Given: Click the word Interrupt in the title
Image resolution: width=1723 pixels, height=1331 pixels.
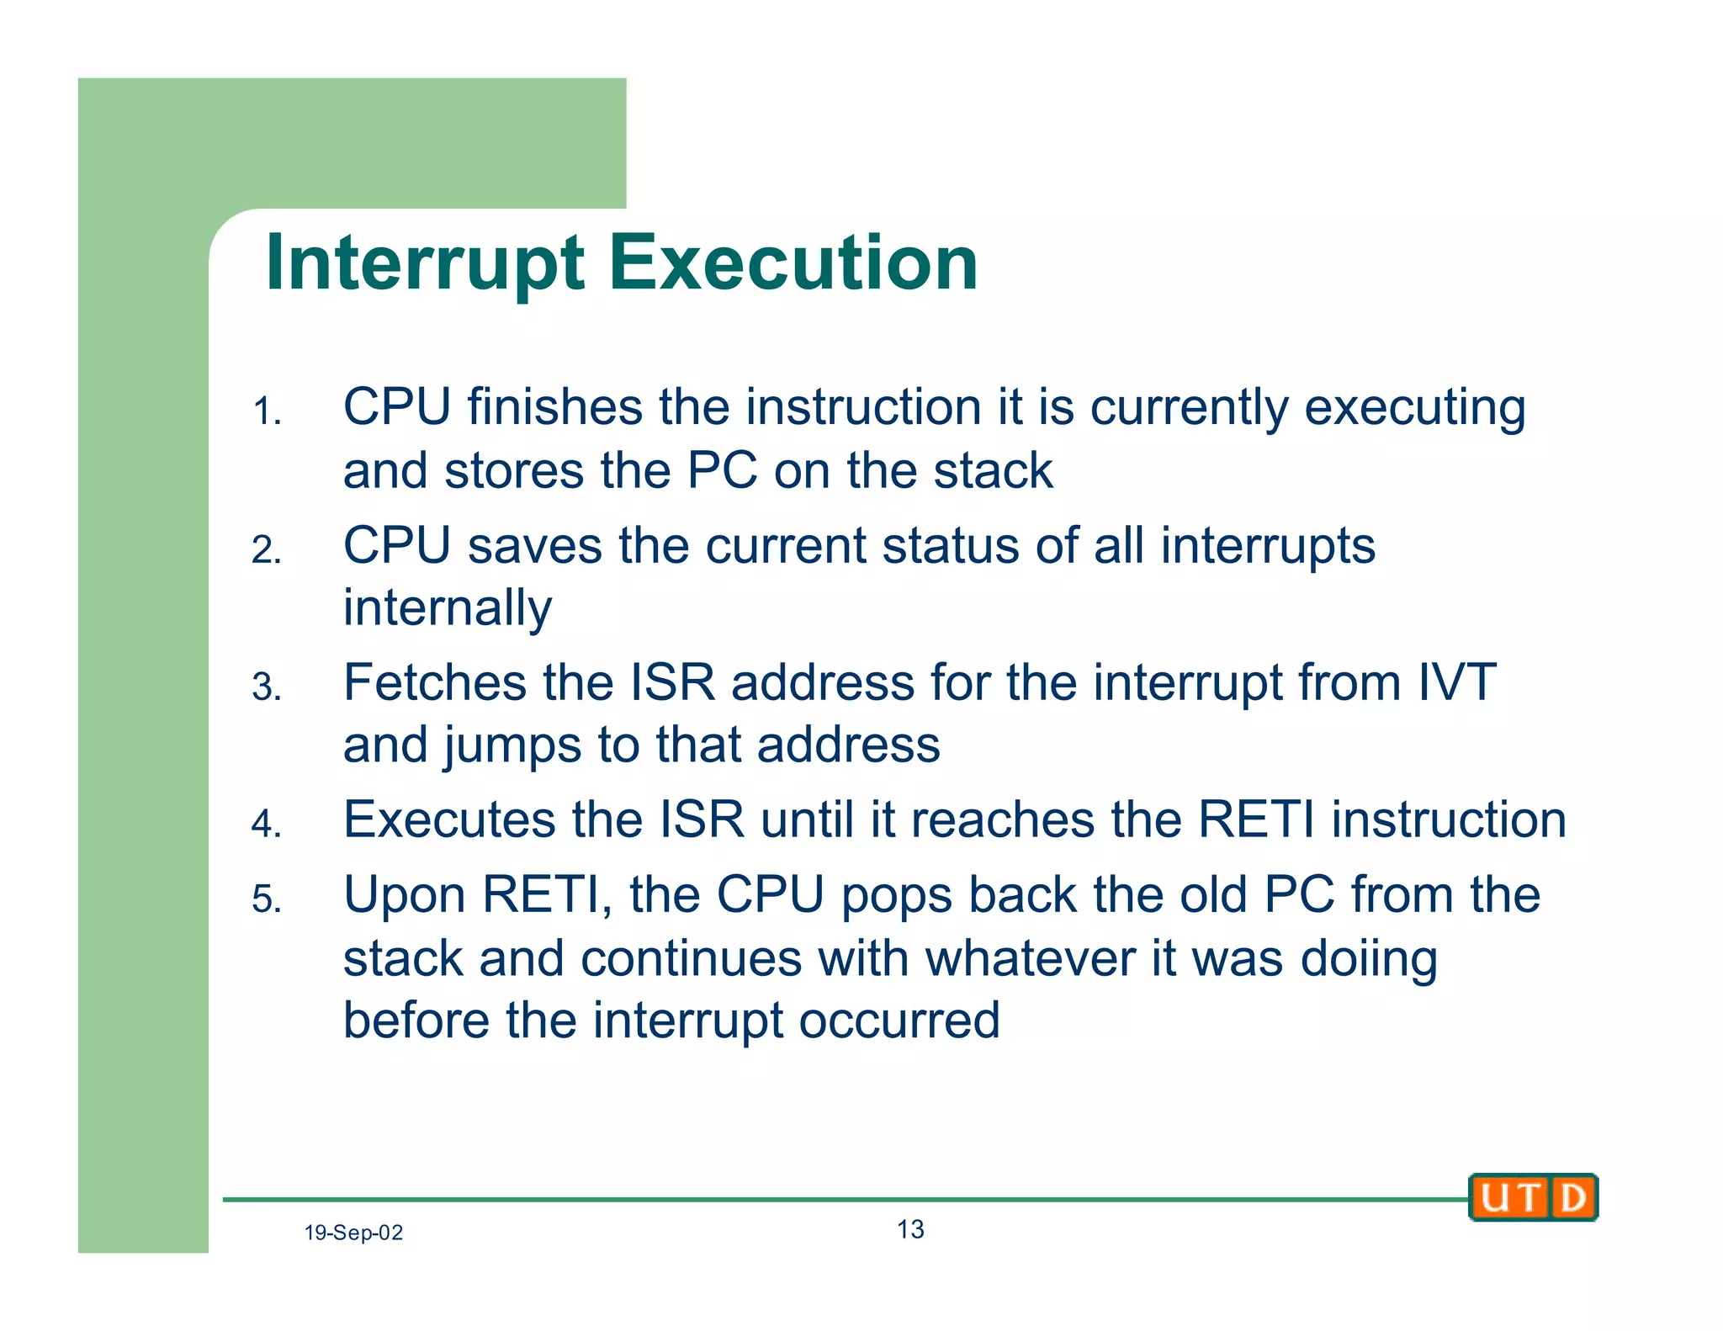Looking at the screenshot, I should pyautogui.click(x=425, y=263).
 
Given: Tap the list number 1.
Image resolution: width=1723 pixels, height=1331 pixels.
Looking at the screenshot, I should pyautogui.click(x=267, y=412).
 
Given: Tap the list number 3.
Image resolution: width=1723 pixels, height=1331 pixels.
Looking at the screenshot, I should pyautogui.click(x=267, y=687).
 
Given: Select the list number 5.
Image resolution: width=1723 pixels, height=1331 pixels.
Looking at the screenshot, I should pyautogui.click(x=267, y=899).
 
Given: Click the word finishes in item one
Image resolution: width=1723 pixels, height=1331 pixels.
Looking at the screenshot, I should pyautogui.click(x=555, y=407).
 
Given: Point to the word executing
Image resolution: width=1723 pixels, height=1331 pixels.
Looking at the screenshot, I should pyautogui.click(x=1414, y=409).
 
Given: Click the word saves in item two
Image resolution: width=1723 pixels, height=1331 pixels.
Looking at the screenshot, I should pyautogui.click(x=535, y=545).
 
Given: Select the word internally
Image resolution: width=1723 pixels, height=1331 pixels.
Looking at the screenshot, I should pyautogui.click(x=448, y=609).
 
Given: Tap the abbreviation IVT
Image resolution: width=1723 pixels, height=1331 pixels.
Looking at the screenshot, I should pyautogui.click(x=1457, y=682).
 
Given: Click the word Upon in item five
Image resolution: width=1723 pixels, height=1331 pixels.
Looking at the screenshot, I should pyautogui.click(x=405, y=895).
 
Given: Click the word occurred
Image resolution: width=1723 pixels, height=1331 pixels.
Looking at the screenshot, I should pyautogui.click(x=899, y=1021).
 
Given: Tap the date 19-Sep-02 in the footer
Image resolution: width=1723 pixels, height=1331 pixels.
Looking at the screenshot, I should pyautogui.click(x=353, y=1233).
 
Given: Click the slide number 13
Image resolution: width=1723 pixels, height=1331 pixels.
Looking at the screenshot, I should pyautogui.click(x=910, y=1229).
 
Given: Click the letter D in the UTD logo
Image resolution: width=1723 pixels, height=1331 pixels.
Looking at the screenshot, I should pyautogui.click(x=1572, y=1197).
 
